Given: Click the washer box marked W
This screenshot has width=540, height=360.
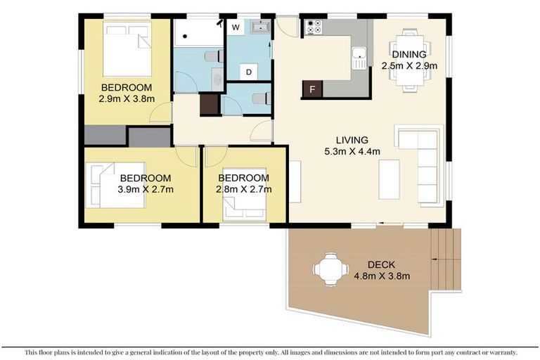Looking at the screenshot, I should click(x=236, y=27).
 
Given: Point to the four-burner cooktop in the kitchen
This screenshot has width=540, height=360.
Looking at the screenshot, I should click(x=313, y=27).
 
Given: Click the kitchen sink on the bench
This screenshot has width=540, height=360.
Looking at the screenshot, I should click(x=359, y=57).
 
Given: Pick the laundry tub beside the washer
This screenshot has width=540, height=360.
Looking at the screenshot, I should click(x=260, y=27).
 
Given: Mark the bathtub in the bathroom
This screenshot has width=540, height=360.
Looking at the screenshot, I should click(x=198, y=32).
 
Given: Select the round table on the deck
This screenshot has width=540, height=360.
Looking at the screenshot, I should click(x=330, y=269).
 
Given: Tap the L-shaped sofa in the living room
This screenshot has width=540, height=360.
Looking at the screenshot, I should click(x=421, y=165).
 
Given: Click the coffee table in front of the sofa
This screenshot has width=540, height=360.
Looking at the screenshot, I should click(x=389, y=179).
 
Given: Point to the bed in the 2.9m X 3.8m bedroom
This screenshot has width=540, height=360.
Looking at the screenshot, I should click(x=127, y=49).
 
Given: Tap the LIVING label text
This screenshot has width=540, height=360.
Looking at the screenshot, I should click(x=352, y=140).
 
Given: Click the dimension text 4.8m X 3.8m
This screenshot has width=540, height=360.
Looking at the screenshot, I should click(x=382, y=275).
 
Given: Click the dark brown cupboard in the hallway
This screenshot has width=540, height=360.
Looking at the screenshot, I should click(x=210, y=104).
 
